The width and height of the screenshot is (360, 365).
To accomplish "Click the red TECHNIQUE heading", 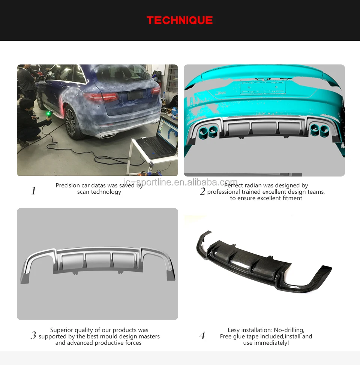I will [x=180, y=20].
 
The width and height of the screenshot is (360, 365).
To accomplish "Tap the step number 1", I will [x=33, y=191].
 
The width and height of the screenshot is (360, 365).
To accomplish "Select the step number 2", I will [x=202, y=192].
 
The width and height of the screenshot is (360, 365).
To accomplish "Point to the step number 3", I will [x=33, y=336].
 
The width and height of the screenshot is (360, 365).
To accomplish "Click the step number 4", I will [x=202, y=336].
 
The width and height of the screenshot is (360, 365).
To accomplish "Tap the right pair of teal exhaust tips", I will [x=319, y=130].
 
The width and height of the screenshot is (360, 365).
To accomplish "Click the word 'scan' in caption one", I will [x=84, y=192].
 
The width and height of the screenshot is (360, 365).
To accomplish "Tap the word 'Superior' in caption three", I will [x=62, y=330].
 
